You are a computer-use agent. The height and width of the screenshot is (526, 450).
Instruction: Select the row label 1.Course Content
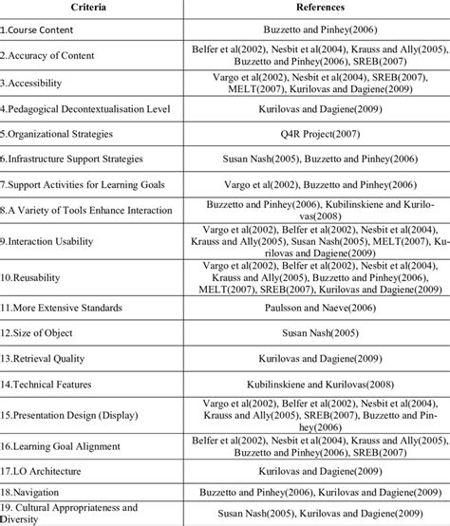45,30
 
